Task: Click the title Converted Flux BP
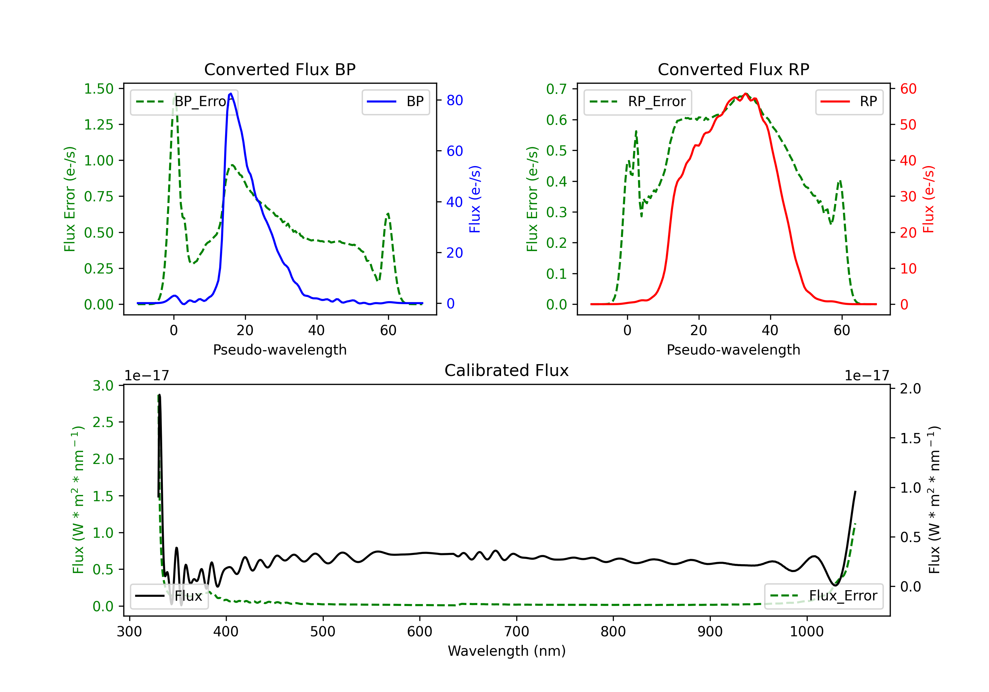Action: point(280,69)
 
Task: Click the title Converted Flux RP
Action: point(733,69)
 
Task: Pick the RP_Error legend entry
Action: point(638,101)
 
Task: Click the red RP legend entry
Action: point(849,101)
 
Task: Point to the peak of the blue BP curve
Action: point(231,94)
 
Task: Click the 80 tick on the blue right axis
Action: point(454,100)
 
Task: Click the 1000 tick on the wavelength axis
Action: point(806,632)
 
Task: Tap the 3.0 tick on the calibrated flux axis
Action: point(103,386)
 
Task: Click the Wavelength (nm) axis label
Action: point(507,651)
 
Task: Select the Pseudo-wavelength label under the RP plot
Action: point(733,350)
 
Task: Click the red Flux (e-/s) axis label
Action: point(928,199)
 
